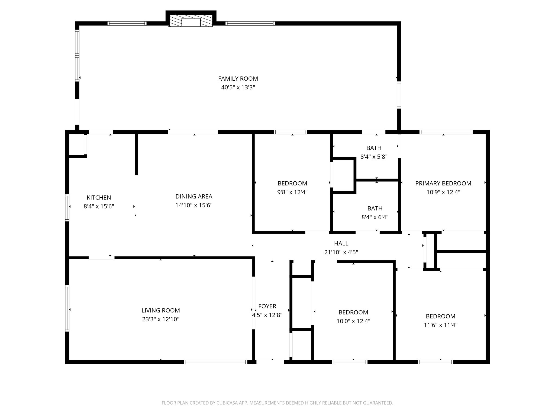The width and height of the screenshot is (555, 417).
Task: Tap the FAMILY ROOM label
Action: coord(238,79)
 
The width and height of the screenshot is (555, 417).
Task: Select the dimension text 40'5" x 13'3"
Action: coord(238,87)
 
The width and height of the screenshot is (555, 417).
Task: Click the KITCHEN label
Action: coord(99,198)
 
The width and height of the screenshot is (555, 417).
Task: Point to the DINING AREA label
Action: coord(194,197)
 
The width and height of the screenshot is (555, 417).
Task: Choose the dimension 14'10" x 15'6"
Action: coord(194,205)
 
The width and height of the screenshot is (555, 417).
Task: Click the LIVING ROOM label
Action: coord(161,310)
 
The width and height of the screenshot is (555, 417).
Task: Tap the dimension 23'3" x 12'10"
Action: coord(161,319)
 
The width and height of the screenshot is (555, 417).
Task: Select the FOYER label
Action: coord(267,306)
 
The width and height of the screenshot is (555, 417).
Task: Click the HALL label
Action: coord(341,244)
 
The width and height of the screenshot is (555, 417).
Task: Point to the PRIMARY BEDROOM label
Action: coord(443,184)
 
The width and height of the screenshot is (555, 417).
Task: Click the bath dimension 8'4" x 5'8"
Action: coord(374,157)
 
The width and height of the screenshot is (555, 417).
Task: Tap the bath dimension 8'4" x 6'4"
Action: coord(375,217)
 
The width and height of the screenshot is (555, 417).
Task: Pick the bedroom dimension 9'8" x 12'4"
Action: coord(292,192)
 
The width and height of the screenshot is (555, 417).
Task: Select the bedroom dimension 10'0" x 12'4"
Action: coord(353,321)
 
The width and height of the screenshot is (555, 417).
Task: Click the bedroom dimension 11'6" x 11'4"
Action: coord(440,325)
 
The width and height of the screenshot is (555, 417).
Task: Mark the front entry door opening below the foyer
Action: coord(270,362)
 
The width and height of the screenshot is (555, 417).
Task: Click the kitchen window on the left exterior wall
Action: coord(67,208)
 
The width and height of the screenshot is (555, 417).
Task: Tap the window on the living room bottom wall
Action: coord(215,362)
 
